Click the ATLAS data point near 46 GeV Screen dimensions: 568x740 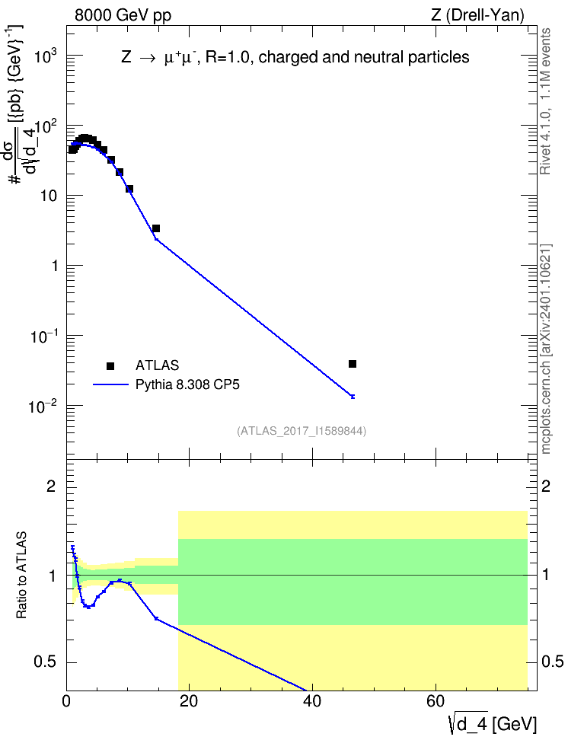(x=353, y=364)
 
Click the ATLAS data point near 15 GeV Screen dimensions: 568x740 (x=156, y=228)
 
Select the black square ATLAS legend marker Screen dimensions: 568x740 (x=110, y=365)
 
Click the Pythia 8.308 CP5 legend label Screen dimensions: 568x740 (x=187, y=384)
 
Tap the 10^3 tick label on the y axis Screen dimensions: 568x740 (x=46, y=56)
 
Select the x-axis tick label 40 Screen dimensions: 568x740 (x=312, y=702)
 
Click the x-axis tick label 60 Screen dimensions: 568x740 (x=436, y=702)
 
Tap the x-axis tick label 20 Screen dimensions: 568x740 (x=189, y=702)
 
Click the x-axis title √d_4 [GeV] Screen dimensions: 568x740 (x=493, y=724)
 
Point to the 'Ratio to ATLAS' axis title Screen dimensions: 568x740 (x=21, y=576)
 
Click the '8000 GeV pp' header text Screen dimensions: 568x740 (x=123, y=15)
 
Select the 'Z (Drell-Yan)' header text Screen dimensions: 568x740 (x=477, y=15)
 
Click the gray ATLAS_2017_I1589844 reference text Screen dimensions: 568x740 (x=302, y=431)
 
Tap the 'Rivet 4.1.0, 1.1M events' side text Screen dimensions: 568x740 (x=545, y=101)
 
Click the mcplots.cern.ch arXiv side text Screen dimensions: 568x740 (x=545, y=349)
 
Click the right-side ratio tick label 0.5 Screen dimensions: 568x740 (x=552, y=662)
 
